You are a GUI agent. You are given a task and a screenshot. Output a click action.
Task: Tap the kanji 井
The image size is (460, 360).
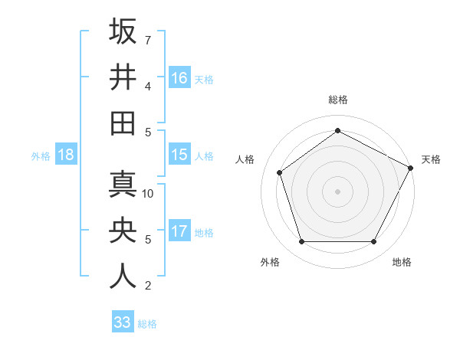(123, 77)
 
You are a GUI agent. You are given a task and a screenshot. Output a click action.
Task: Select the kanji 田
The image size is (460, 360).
(123, 123)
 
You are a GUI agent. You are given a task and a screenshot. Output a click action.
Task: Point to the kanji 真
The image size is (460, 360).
(123, 185)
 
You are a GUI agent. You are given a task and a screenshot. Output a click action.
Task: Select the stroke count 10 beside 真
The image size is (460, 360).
(149, 194)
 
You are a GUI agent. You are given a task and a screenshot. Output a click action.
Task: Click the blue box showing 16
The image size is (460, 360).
(179, 77)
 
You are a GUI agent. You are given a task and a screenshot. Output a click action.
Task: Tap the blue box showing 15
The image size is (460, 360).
(179, 155)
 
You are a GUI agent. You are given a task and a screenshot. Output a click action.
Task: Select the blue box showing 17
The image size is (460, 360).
(179, 231)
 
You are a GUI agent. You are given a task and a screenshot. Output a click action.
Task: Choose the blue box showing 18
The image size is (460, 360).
(66, 155)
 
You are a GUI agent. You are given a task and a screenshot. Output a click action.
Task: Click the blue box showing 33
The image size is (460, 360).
(122, 322)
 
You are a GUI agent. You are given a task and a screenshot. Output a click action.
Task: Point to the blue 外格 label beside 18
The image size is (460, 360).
(41, 156)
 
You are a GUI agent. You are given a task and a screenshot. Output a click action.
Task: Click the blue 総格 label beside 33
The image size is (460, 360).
(147, 324)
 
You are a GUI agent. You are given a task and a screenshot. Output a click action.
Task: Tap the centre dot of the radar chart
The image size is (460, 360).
(337, 191)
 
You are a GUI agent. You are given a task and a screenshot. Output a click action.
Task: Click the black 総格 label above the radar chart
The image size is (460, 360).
(338, 100)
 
